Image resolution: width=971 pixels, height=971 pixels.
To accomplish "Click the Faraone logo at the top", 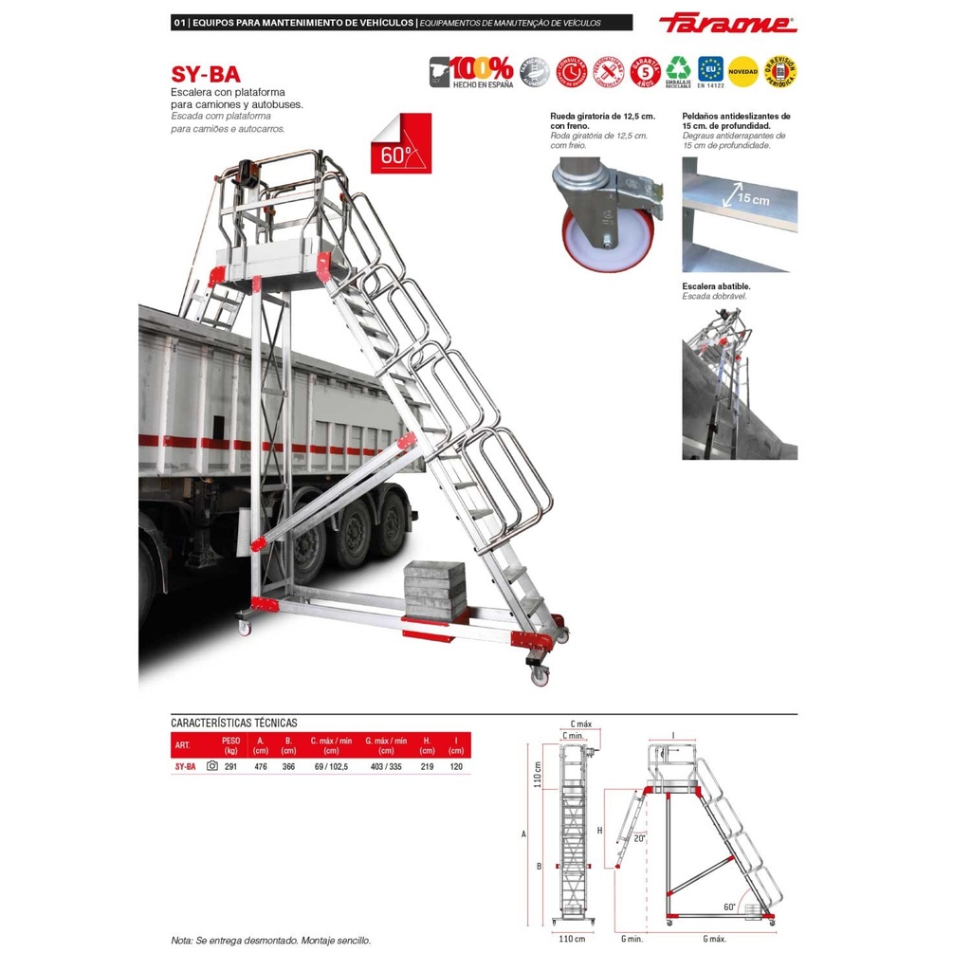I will pos(727,23).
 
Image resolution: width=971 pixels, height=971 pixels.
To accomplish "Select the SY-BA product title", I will pos(205,74).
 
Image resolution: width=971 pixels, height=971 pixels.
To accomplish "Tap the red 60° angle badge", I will pos(401,143).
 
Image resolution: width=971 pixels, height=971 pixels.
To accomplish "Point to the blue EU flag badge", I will pos(710,70).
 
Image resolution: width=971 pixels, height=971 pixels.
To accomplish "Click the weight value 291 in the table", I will pos(230,766).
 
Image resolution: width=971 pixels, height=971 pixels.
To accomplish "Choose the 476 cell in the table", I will pos(261,766).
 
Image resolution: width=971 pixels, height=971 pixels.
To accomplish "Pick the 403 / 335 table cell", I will pos(386,766).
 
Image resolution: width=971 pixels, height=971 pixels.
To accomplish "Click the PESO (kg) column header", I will pos(230,745).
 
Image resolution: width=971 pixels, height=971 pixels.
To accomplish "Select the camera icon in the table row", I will pos(211,766).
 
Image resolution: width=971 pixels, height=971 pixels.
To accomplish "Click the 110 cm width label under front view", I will pos(572,939).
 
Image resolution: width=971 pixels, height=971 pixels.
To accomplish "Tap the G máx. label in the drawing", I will pos(714,939).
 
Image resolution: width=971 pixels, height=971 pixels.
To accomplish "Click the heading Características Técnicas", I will pos(234,723).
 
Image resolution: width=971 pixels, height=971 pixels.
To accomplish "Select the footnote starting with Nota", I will pos(270,941).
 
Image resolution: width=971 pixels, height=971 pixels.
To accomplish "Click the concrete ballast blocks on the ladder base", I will pos(434,589).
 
